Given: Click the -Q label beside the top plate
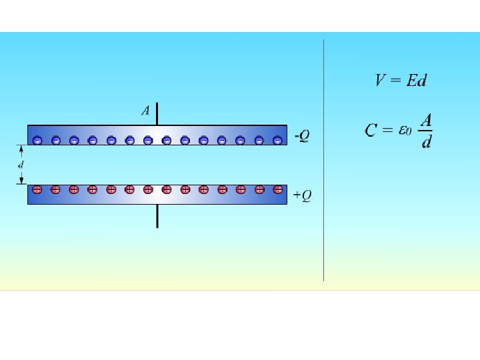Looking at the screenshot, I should point(302,135).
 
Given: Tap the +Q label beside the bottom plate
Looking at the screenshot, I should point(302,195).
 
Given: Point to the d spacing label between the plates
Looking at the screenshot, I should point(20,164).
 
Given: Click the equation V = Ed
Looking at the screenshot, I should point(401,81).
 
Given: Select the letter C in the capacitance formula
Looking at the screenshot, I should point(371,131).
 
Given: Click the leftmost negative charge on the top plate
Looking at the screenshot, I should point(37,140).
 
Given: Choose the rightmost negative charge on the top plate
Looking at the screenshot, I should point(277,140).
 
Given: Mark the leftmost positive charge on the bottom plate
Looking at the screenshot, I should point(37,189).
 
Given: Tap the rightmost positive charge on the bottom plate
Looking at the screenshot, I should point(277,189).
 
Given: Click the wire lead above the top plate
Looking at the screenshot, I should point(157,114).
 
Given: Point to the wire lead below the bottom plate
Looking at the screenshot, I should point(157,215).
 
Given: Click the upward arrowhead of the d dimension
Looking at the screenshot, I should point(21,148).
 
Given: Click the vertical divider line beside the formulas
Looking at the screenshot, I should point(324,160).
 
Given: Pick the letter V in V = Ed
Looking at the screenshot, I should point(380,81).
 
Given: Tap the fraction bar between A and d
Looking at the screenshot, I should point(426,132).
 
